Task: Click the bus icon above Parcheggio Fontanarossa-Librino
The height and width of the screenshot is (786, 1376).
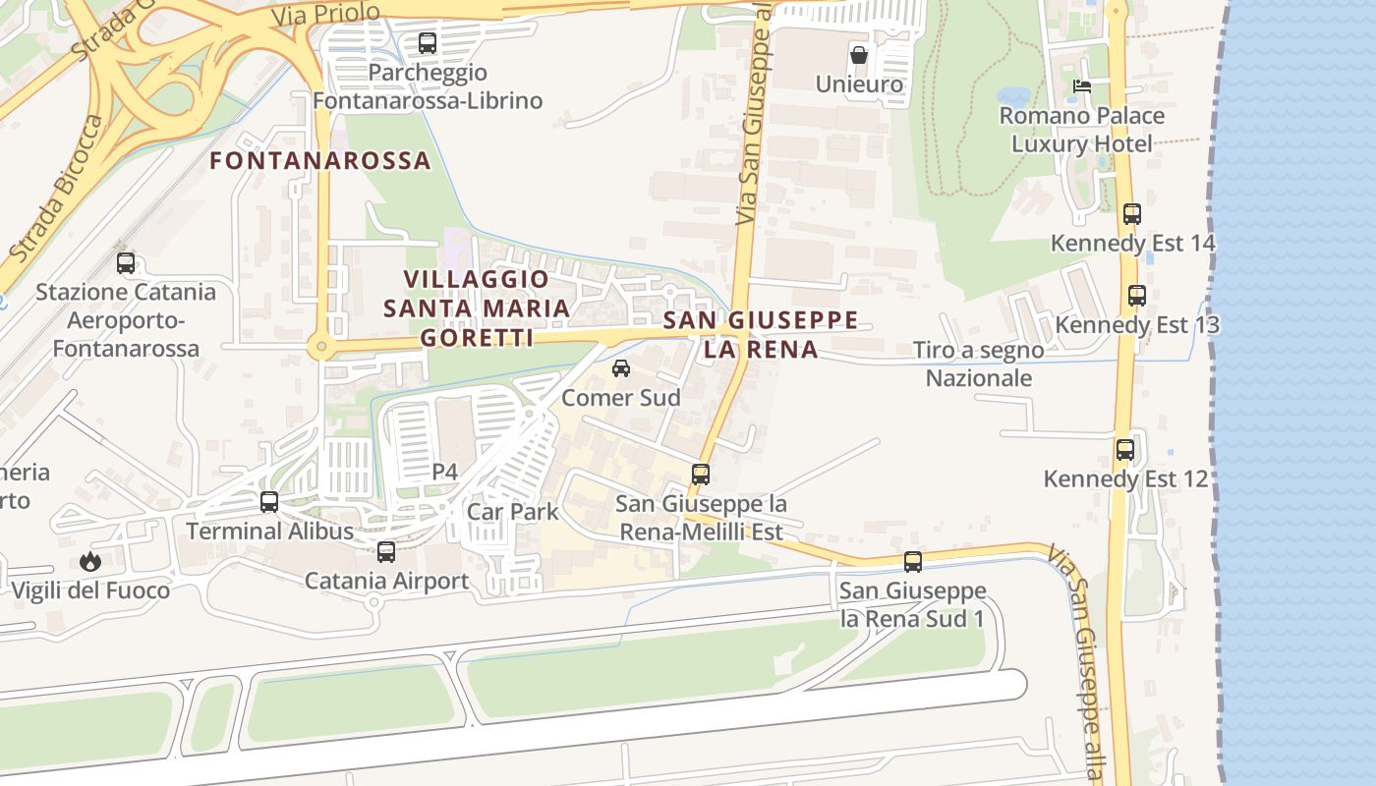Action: [427, 43]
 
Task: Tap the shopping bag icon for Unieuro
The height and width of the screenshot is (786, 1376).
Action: [859, 55]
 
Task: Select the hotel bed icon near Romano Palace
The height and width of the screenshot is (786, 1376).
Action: [1082, 86]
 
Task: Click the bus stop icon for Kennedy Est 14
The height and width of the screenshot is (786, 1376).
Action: [1132, 213]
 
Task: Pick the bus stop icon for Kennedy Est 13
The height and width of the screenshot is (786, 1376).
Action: [1137, 295]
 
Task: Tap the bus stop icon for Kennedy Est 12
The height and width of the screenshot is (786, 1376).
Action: [1125, 450]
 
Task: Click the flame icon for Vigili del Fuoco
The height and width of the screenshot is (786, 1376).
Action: [90, 562]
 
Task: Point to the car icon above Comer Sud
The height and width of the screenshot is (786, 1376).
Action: [621, 368]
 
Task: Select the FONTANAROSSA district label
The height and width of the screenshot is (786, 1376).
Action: [320, 161]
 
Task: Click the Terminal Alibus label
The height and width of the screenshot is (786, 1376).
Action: [269, 532]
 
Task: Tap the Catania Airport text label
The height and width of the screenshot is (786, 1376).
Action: [386, 581]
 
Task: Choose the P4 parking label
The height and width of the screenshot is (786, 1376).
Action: [445, 473]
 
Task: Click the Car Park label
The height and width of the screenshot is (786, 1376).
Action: [512, 512]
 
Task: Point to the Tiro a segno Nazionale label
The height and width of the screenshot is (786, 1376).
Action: [979, 364]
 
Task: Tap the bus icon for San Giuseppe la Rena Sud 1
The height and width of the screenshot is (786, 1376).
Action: [913, 562]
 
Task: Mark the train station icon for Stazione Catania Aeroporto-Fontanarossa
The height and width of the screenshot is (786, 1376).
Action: [126, 263]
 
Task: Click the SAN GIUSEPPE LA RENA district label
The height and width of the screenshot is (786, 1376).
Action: [761, 335]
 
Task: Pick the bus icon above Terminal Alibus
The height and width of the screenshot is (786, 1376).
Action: [269, 502]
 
